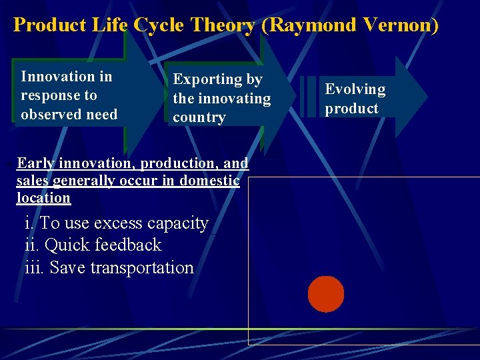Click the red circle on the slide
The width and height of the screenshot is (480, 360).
(x=326, y=294)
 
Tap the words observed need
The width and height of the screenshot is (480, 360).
(x=69, y=114)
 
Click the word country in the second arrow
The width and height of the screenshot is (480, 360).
(x=199, y=117)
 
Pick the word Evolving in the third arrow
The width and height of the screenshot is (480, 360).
(x=355, y=89)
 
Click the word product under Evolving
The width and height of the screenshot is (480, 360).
(x=351, y=109)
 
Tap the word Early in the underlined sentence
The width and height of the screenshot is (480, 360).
(x=36, y=163)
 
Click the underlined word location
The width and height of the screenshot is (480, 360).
(x=43, y=198)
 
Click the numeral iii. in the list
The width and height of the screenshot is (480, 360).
(x=34, y=267)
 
